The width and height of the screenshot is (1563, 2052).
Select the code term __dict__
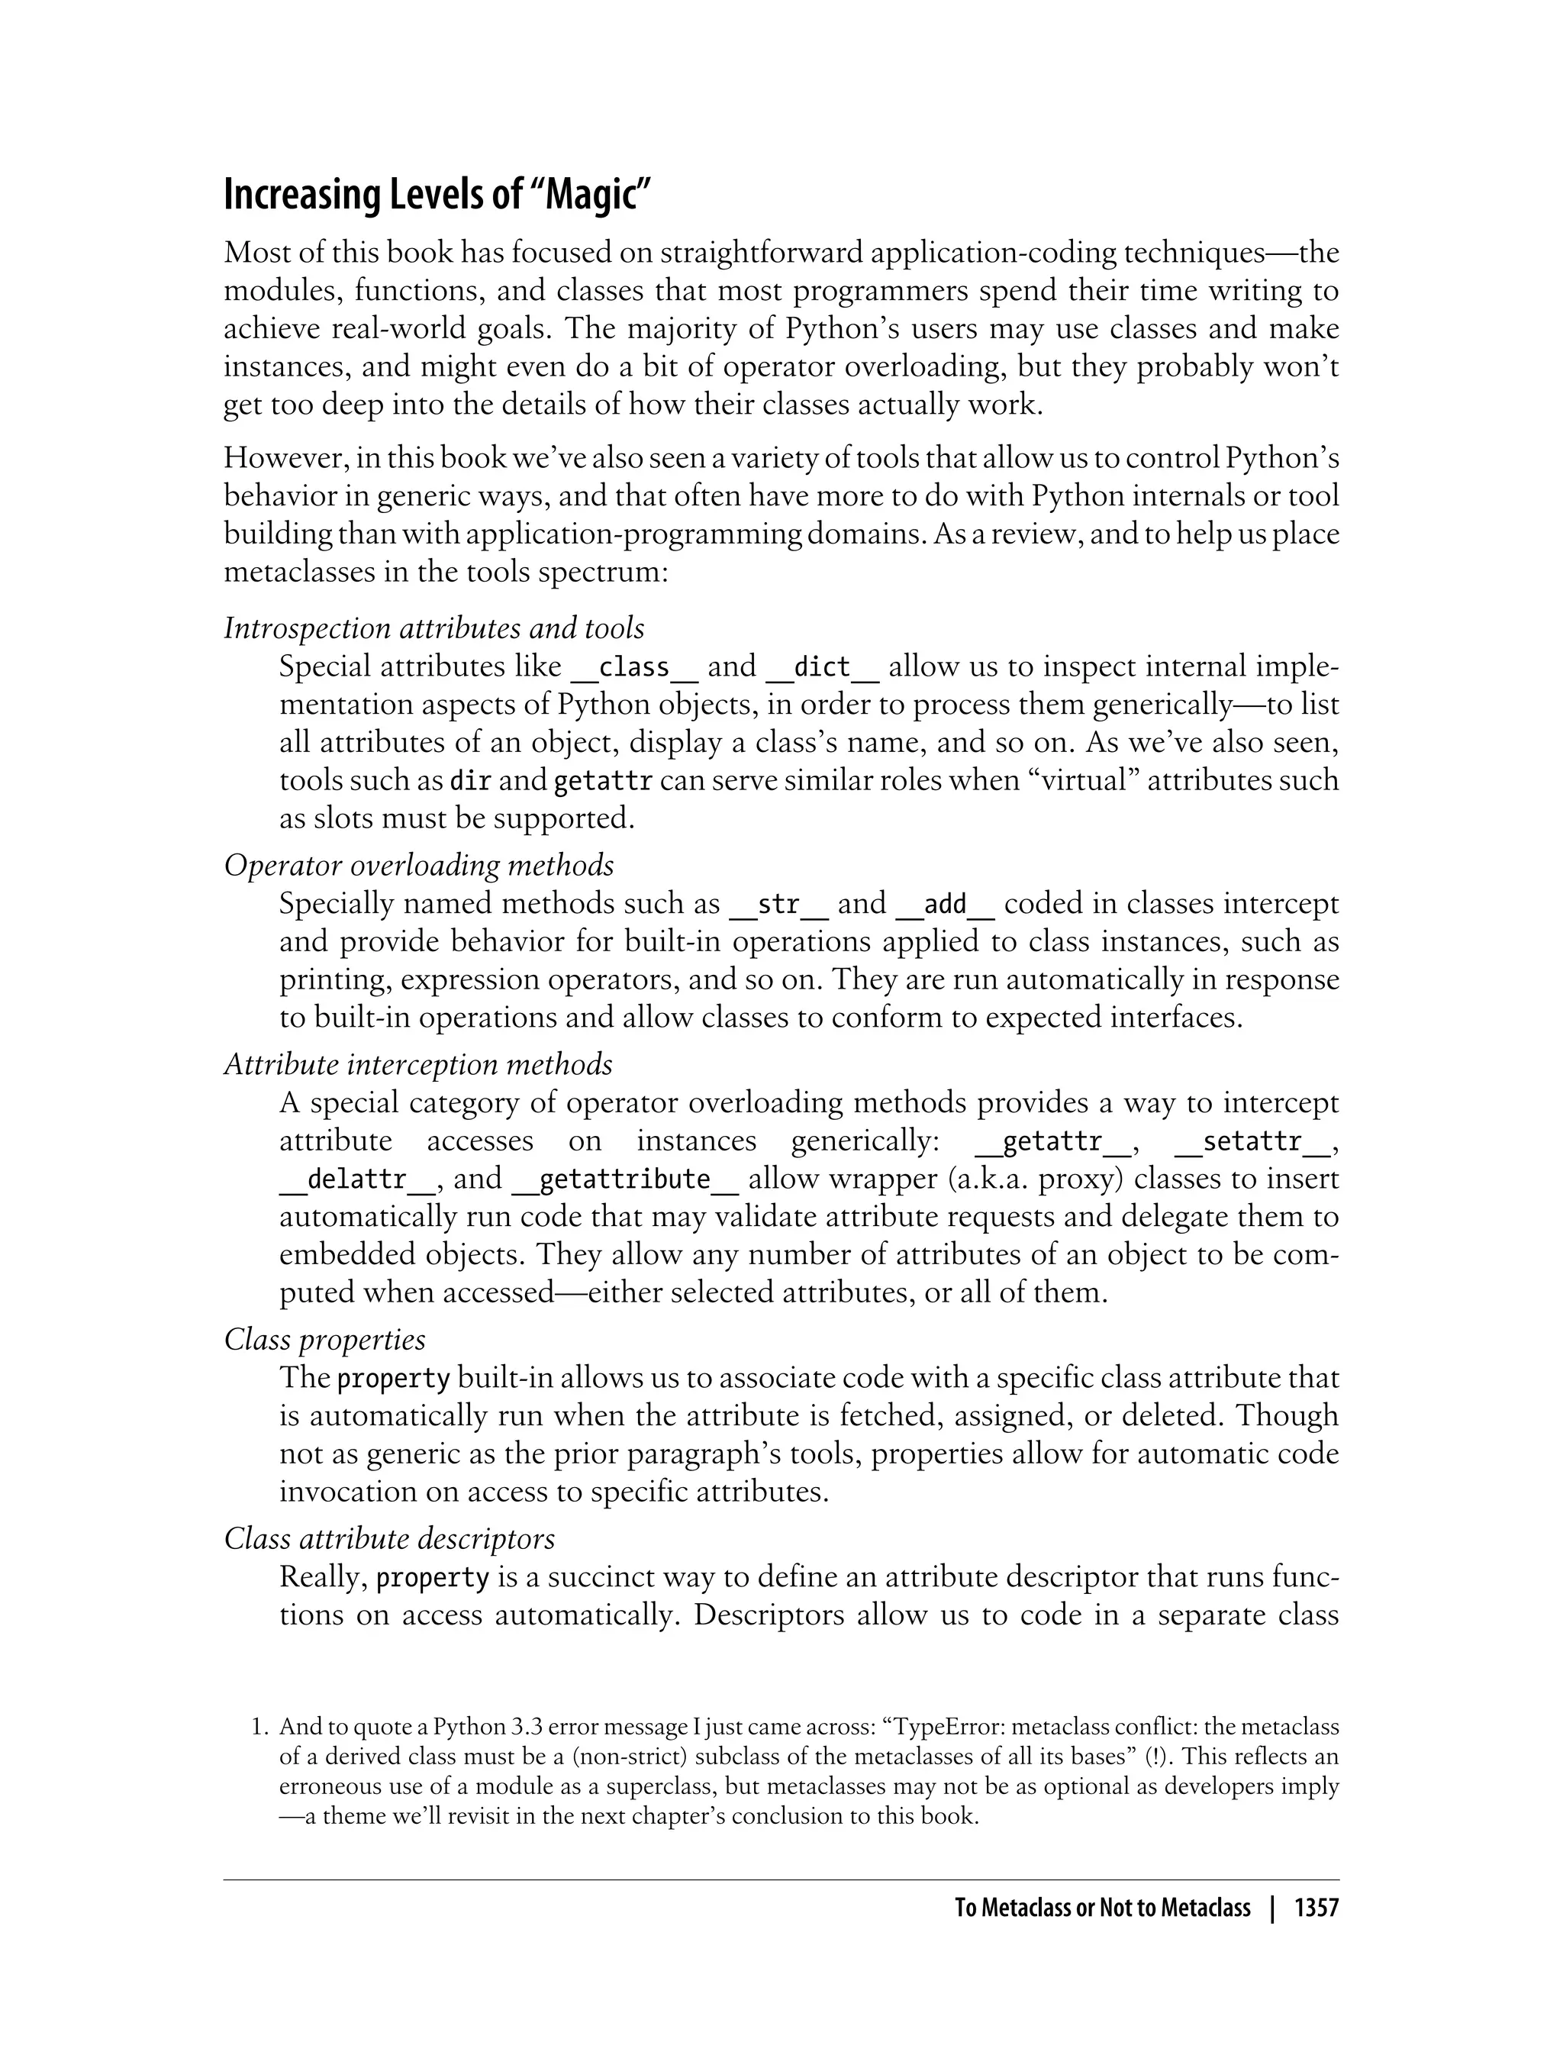pyautogui.click(x=823, y=667)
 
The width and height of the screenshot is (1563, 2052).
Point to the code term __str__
pyautogui.click(x=778, y=904)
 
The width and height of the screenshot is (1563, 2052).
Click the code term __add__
pyautogui.click(x=946, y=904)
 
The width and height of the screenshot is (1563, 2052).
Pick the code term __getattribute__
pyautogui.click(x=625, y=1179)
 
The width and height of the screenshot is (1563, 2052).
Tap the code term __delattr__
pyautogui.click(x=356, y=1179)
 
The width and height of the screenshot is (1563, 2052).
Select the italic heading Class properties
pyautogui.click(x=324, y=1339)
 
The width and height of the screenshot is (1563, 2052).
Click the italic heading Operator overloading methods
pyautogui.click(x=419, y=866)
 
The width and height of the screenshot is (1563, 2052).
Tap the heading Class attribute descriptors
pyautogui.click(x=389, y=1538)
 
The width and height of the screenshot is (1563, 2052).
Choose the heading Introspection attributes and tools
pyautogui.click(x=433, y=629)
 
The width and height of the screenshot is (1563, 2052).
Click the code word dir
pyautogui.click(x=470, y=781)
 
